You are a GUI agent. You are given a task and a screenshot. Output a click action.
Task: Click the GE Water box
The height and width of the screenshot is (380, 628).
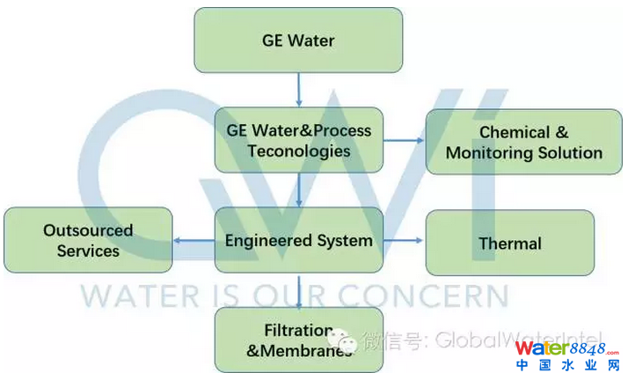(298, 40)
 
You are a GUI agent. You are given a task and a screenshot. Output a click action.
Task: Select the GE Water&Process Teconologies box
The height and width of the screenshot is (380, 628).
(298, 140)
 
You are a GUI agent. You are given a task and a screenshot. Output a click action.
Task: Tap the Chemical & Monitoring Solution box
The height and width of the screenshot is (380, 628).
(523, 142)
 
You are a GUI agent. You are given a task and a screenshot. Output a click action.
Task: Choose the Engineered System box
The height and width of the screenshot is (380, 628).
(298, 240)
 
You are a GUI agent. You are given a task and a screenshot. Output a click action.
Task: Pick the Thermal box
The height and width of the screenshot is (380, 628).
(509, 243)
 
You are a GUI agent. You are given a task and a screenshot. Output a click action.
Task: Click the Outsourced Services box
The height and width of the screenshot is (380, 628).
(88, 240)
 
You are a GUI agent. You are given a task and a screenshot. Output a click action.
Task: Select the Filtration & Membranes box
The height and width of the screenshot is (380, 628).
(298, 340)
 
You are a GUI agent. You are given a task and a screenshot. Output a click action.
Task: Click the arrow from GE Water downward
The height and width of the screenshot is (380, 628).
(299, 89)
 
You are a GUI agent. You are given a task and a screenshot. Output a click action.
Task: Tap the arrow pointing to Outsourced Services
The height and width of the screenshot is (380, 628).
(194, 240)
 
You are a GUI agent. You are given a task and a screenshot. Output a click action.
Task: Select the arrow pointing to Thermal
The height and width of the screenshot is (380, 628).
(405, 240)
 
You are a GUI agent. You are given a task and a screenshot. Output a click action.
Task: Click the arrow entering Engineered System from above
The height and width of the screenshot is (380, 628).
(299, 189)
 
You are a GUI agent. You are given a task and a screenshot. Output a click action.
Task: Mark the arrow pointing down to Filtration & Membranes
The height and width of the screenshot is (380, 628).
(299, 289)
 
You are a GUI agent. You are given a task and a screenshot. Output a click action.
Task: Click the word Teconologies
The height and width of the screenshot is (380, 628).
(299, 150)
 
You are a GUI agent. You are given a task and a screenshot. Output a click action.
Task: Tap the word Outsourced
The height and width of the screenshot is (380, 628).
(88, 230)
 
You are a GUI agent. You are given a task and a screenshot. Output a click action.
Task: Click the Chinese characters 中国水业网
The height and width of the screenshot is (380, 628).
(571, 365)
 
